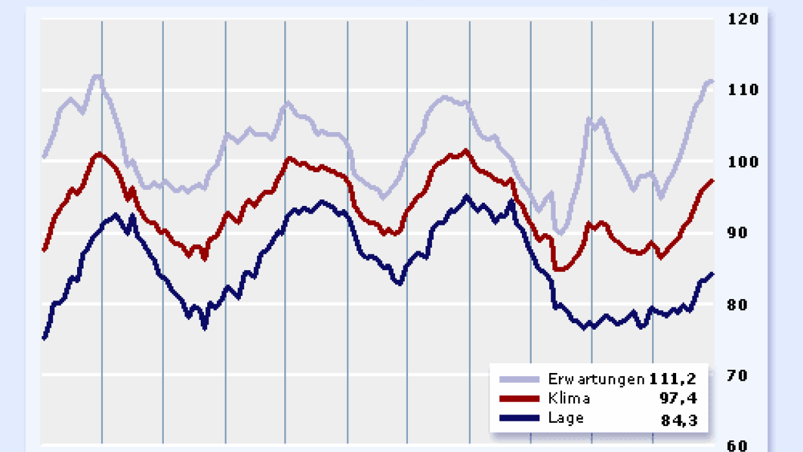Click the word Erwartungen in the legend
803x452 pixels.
click(x=595, y=379)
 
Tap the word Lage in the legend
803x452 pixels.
click(x=566, y=418)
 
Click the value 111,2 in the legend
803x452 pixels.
click(x=673, y=379)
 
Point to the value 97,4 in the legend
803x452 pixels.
click(x=679, y=398)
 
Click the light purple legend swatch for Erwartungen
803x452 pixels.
click(x=519, y=379)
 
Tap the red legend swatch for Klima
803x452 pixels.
click(x=519, y=399)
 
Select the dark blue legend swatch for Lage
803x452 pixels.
click(x=519, y=418)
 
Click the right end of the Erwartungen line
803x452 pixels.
click(x=712, y=81)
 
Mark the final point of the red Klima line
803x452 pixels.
click(x=712, y=181)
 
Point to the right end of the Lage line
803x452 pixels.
click(x=712, y=274)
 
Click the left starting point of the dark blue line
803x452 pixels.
click(x=44, y=337)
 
